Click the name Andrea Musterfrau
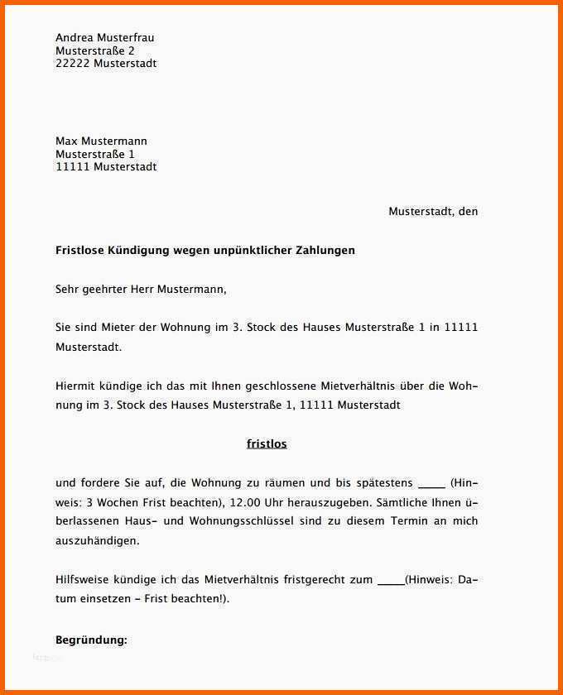104,38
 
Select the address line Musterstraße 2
95,50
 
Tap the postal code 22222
73,64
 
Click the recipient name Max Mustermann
101,141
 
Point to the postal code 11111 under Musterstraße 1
73,167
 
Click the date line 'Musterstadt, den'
433,212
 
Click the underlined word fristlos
267,444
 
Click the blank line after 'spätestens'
432,483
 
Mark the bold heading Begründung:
91,640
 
